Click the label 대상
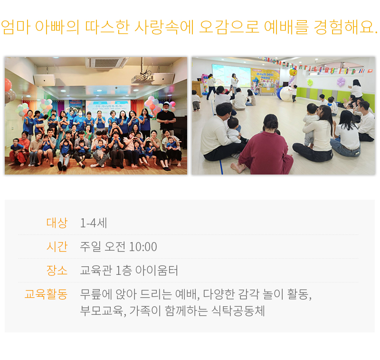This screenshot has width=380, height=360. pos(57,223)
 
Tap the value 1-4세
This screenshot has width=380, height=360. pos(94,223)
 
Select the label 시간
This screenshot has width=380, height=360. pos(57,246)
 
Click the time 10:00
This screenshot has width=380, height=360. pos(143,247)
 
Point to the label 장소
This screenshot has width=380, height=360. pos(57,270)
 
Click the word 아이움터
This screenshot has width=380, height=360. pos(157,270)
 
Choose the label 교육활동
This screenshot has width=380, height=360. pos(46,294)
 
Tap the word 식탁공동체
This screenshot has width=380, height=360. pos(238,311)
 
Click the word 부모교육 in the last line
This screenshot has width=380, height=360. pos(102,311)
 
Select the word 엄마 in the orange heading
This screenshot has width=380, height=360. pos(16,27)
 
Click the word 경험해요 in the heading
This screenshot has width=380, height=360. pos(343,27)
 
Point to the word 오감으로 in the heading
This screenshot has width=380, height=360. pos(229,27)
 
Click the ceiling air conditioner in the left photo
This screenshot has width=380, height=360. pos(106,63)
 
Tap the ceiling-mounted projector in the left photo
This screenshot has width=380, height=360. pos(142,78)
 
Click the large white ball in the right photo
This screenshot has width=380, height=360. pos(286,94)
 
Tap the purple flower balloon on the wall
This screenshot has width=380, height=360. pos(341,82)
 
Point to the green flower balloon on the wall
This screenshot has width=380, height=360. pos(310,83)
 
